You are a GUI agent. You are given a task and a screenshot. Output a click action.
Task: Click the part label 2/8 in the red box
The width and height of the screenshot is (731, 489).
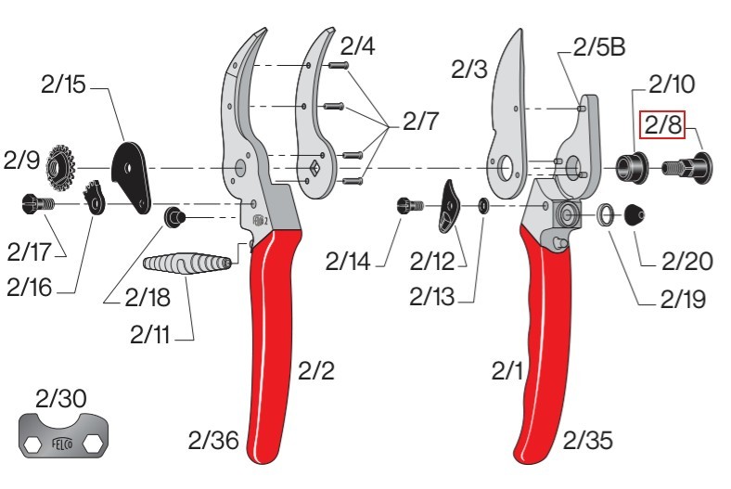pos(662,124)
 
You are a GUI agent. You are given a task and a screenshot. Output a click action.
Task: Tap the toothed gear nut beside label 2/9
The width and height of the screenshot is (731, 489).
pos(60,168)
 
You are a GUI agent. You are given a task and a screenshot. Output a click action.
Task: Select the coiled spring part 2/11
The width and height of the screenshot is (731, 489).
pos(187,264)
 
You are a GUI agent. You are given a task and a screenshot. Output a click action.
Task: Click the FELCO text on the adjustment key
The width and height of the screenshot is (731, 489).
pos(62,443)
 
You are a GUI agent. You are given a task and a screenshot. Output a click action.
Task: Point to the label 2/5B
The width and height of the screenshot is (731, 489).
pos(599,47)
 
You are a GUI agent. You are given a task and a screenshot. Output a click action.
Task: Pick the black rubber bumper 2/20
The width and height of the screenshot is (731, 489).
pos(635,215)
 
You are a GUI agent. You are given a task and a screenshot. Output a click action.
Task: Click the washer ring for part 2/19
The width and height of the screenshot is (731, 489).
pos(606,215)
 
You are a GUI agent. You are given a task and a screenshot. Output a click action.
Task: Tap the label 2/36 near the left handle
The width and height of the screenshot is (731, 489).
pos(213,440)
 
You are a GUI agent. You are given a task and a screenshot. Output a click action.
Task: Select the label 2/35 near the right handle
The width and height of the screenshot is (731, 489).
pos(588,440)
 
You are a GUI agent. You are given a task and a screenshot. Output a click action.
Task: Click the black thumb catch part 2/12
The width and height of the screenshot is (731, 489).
pos(448,206)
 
